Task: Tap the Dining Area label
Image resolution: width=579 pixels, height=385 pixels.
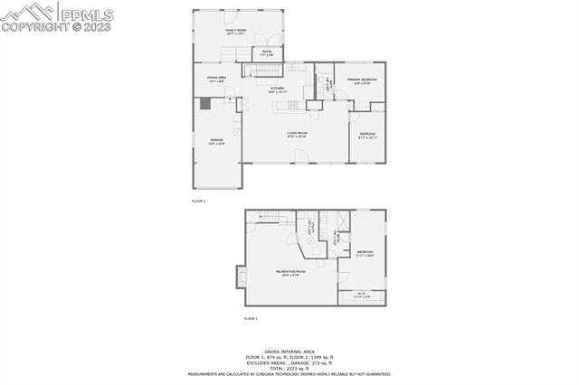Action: [x=216, y=80]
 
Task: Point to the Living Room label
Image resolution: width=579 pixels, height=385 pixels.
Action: [x=298, y=136]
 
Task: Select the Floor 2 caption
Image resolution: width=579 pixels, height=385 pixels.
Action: [x=199, y=200]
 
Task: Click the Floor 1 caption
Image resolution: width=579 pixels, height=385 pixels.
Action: [x=251, y=319]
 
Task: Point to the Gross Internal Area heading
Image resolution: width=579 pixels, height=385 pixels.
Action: [x=289, y=351]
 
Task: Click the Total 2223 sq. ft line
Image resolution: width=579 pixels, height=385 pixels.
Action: [x=289, y=367]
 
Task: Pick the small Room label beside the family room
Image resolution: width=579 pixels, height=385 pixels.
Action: [x=267, y=53]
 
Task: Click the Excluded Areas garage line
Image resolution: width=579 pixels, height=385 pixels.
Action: [x=289, y=362]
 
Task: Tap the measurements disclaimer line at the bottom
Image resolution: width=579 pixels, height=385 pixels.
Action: [x=289, y=372]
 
